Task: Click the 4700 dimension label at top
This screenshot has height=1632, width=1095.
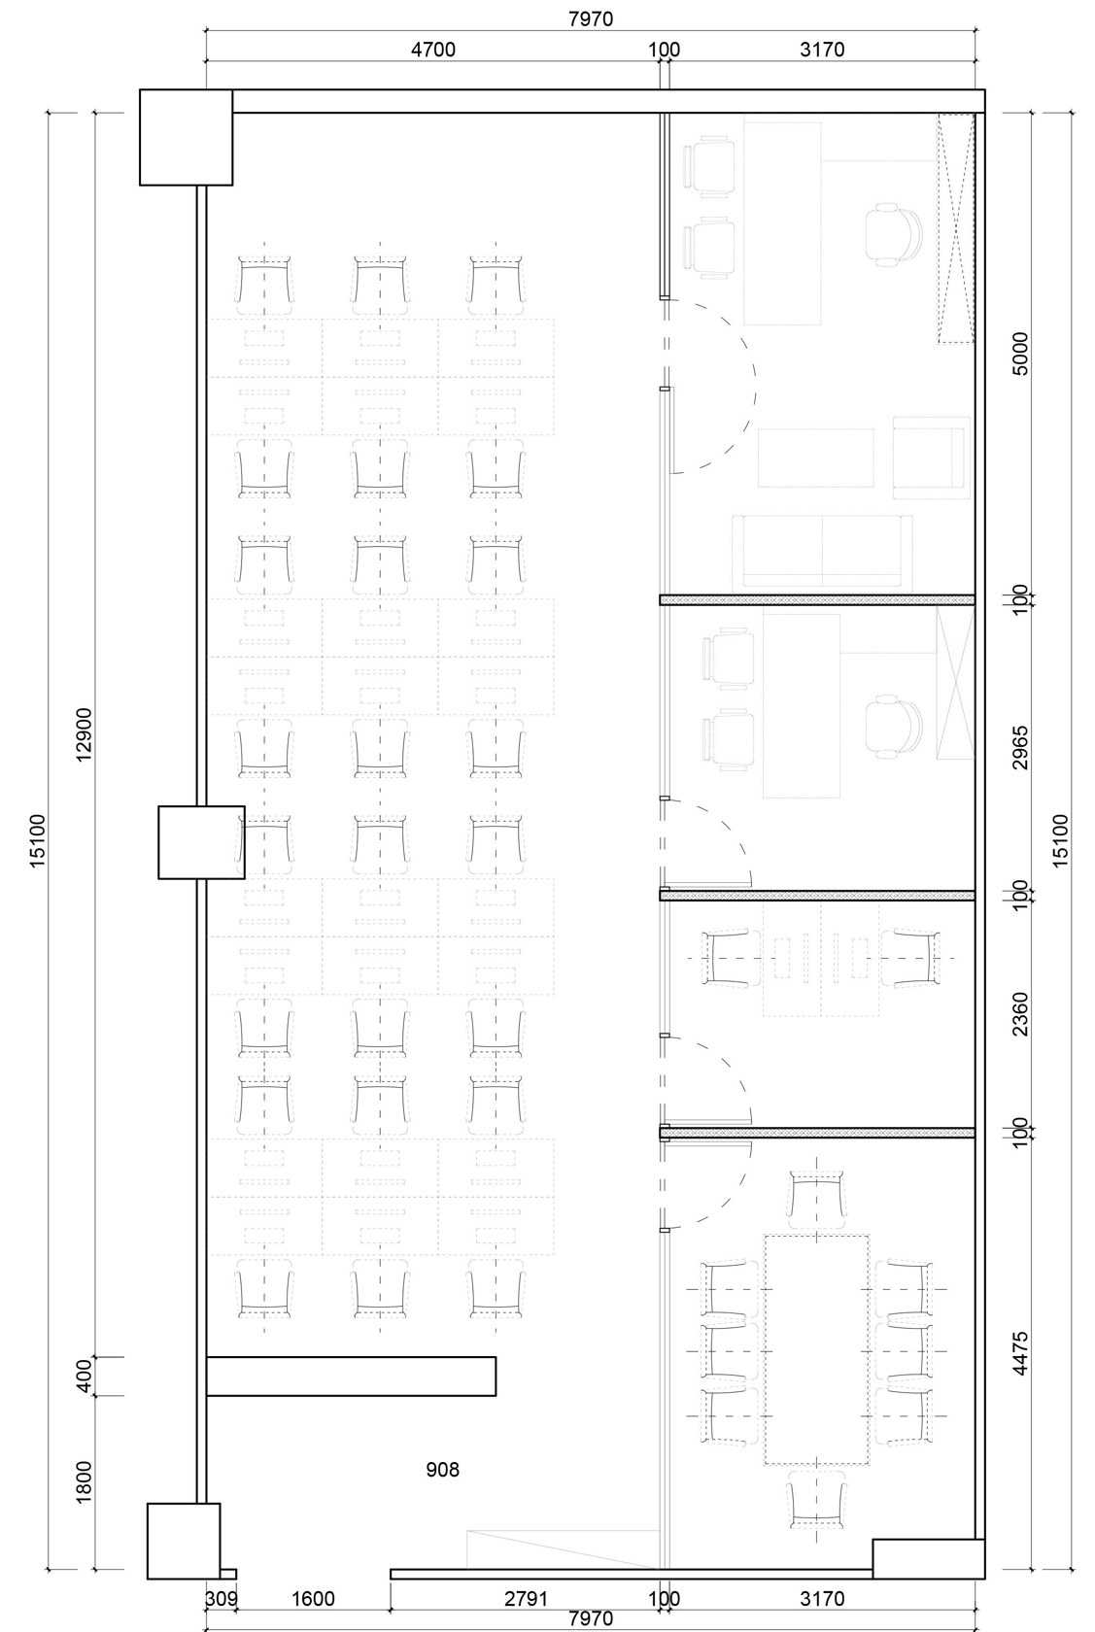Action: (432, 50)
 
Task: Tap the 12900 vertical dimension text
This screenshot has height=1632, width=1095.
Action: (85, 733)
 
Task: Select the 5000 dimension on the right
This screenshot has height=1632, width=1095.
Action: (1021, 354)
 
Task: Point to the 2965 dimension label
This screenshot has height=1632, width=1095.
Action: (1021, 747)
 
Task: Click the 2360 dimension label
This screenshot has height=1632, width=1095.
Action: (1021, 1013)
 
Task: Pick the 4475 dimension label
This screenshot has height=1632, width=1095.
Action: (1021, 1353)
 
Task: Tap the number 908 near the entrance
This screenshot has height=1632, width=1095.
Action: (443, 1470)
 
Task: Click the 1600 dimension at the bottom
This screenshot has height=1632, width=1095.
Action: (313, 1599)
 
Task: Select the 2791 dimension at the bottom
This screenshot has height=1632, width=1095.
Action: (526, 1599)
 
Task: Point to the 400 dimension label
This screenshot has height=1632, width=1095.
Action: (85, 1376)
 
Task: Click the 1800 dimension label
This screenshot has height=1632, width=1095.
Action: (85, 1481)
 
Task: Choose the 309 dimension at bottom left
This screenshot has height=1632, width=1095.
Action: (221, 1599)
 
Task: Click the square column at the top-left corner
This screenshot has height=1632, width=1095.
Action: (186, 137)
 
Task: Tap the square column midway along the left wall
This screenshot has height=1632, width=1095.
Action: (201, 842)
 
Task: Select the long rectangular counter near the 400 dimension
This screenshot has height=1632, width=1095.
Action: (351, 1377)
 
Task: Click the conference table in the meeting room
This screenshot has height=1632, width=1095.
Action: (817, 1349)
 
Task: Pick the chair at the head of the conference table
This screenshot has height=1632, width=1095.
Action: (817, 1194)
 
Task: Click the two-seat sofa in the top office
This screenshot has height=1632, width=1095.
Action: (822, 553)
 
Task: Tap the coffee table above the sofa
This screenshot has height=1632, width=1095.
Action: (816, 458)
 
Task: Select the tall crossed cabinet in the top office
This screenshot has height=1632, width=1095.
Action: (955, 228)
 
